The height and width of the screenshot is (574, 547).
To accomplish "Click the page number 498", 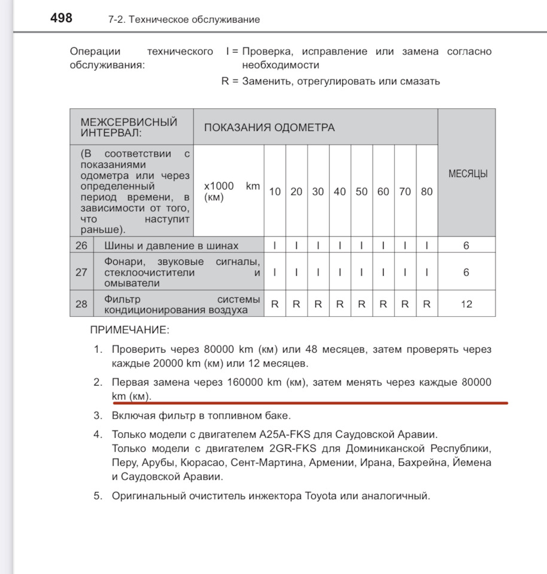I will point(61,18).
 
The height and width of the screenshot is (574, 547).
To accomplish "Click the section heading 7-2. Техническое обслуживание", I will point(184,20).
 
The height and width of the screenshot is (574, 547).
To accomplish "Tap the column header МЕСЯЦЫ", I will point(467,174).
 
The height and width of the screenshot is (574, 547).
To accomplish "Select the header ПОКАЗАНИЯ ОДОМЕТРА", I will point(269,127).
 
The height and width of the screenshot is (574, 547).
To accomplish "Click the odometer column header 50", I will point(361,192).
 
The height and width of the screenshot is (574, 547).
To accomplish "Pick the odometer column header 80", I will point(427,192).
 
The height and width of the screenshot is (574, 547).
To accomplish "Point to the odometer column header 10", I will point(275,192).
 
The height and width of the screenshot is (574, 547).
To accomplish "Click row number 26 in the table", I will point(81,245).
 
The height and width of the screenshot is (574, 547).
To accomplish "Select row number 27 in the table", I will point(81,272).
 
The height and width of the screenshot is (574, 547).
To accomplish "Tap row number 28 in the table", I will point(81,304).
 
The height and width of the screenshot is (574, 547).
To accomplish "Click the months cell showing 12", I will point(467,304).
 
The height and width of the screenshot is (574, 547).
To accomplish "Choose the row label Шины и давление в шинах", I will point(171,246).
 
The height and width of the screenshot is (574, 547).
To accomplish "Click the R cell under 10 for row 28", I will point(275,304).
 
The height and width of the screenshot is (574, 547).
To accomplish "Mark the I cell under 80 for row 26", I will point(427,245).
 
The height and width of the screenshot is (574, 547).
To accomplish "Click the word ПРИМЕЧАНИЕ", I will point(130,329).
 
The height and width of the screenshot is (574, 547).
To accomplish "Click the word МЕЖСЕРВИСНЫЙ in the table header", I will point(129,122).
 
